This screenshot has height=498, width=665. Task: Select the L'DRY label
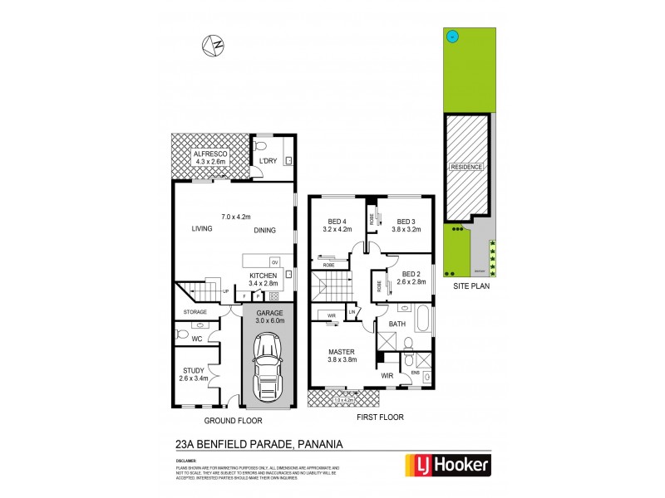point(268,159)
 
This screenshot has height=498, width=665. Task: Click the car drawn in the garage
point(268,366)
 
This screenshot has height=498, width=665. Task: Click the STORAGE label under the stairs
point(196,312)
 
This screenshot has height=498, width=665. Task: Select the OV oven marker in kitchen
point(273,262)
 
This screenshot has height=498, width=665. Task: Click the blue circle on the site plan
point(451,36)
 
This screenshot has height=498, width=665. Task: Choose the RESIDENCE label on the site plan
point(465,167)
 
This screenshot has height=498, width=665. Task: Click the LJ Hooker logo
point(447,464)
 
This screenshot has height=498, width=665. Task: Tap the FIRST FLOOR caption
point(380,417)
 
